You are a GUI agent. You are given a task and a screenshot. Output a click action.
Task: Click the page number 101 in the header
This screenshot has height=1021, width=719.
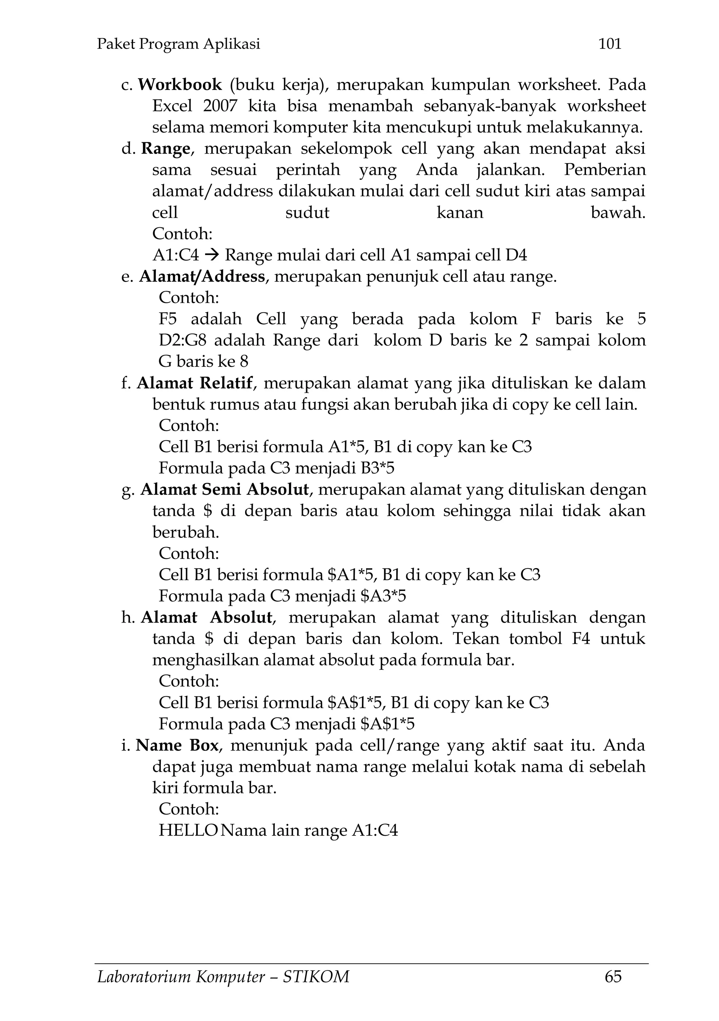click(610, 44)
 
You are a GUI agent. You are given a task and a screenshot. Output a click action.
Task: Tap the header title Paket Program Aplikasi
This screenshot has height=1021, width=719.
click(178, 44)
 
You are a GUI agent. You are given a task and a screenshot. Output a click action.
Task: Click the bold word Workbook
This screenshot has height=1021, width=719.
click(180, 84)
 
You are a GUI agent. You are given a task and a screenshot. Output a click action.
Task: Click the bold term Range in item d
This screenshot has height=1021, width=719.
click(165, 149)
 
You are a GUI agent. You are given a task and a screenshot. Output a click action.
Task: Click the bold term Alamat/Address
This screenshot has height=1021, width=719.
click(202, 277)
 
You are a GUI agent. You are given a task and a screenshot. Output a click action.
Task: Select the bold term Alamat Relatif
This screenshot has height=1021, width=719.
click(194, 383)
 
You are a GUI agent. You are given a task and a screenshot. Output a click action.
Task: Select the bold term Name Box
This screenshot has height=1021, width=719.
click(177, 745)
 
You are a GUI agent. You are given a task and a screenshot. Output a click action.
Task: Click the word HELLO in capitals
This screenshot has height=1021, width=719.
click(188, 830)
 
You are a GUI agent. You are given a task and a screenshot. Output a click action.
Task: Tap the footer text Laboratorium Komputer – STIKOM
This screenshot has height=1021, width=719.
click(223, 977)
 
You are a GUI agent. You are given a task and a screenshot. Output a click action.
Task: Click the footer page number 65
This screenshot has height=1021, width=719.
click(613, 977)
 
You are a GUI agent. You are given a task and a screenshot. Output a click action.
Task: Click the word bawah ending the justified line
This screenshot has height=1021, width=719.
click(618, 213)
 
